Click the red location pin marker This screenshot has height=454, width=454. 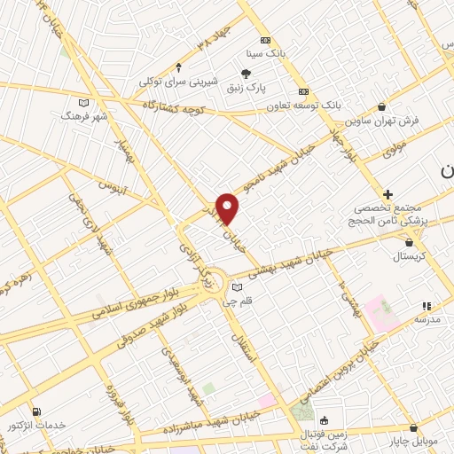228,208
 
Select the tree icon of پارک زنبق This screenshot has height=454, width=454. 247,73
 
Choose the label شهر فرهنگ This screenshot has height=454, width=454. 84,115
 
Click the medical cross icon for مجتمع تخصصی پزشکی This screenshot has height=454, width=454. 387,194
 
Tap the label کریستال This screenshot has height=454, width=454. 409,254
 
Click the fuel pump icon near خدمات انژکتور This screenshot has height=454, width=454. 36,411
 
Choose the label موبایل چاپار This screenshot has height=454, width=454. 412,440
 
